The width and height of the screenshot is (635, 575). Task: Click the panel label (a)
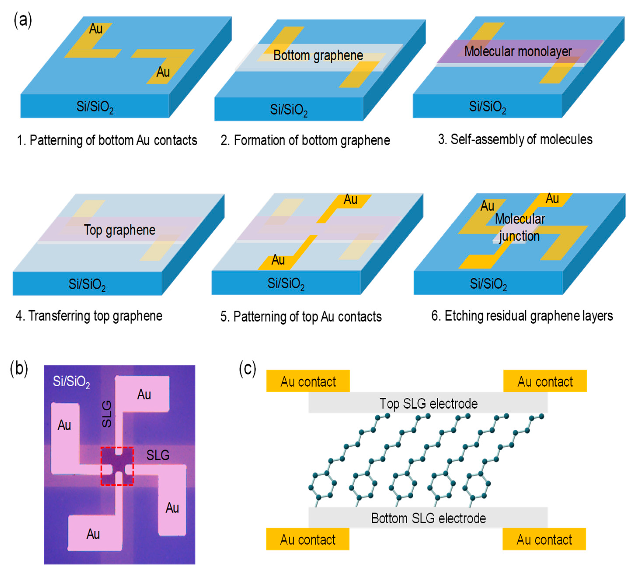click(23, 21)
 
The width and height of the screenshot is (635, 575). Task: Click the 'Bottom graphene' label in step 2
click(318, 56)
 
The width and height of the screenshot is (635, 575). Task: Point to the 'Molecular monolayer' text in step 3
click(518, 51)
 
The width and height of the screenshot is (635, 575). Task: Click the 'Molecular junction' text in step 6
click(520, 227)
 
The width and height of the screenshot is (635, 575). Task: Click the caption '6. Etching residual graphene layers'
click(522, 316)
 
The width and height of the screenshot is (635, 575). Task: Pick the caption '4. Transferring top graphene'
click(89, 316)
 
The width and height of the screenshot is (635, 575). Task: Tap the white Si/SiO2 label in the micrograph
click(71, 382)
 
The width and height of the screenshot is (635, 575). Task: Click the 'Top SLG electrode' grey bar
click(428, 403)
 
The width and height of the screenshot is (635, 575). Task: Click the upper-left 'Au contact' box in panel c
click(308, 381)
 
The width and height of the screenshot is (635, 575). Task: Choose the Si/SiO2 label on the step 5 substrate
click(286, 284)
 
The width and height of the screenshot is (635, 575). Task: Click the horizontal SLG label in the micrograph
click(158, 455)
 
